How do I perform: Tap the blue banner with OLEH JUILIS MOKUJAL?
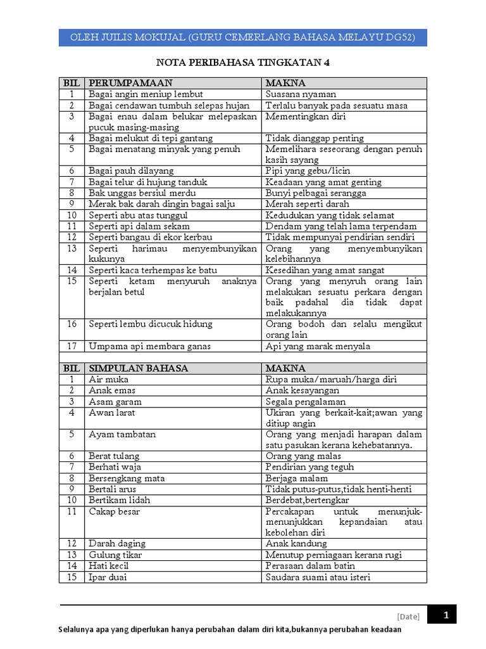243,37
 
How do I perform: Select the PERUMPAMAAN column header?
130,83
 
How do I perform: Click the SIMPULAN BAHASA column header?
138,368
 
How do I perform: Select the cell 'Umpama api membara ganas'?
149,346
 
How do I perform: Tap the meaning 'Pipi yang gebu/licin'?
308,171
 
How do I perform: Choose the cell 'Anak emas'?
112,390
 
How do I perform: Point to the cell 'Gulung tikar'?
115,555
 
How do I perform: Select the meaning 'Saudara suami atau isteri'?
318,577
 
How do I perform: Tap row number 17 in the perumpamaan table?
72,346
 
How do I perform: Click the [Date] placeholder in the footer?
408,616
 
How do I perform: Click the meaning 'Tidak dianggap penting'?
315,138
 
